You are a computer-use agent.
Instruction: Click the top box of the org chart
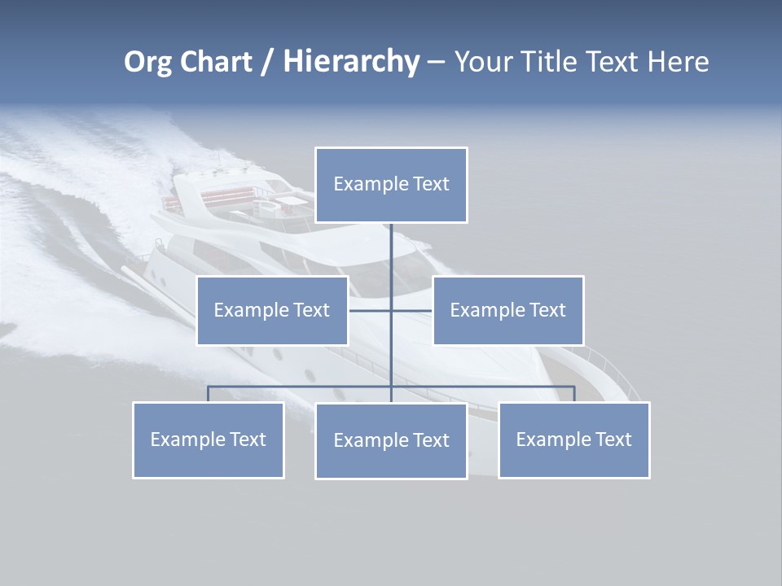tap(391, 185)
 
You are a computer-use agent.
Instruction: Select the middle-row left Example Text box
tap(272, 310)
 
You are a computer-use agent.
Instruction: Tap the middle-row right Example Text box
tap(507, 310)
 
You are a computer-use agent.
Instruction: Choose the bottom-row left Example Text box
tap(208, 439)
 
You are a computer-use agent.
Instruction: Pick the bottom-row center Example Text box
tap(391, 440)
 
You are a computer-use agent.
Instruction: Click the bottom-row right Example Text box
tap(573, 439)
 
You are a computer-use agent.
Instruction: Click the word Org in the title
tap(147, 62)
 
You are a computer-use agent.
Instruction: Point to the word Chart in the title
tap(215, 62)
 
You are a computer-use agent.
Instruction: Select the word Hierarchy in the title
tap(351, 62)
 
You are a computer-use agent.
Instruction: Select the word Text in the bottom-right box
tap(613, 439)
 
